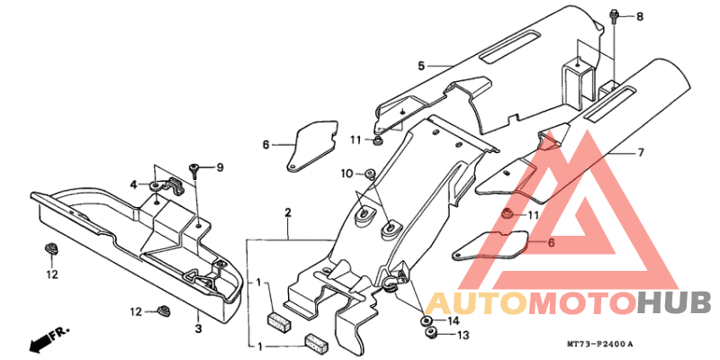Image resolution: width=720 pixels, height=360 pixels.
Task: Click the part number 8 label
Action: pyautogui.click(x=640, y=17)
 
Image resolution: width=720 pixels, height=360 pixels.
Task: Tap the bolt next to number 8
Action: pyautogui.click(x=615, y=15)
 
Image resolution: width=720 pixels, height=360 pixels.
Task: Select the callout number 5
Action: pyautogui.click(x=421, y=66)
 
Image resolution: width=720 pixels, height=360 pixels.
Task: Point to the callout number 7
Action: pyautogui.click(x=641, y=152)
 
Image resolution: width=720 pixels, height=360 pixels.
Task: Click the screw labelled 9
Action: pyautogui.click(x=193, y=171)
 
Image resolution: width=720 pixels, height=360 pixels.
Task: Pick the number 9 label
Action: pyautogui.click(x=220, y=167)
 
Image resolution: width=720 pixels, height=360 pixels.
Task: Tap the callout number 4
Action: pyautogui.click(x=133, y=185)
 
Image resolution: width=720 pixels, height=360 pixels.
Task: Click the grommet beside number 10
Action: pyautogui.click(x=370, y=174)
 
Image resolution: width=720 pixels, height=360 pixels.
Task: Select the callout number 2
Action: pyautogui.click(x=288, y=213)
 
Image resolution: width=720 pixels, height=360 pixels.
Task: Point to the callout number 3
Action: pyautogui.click(x=198, y=328)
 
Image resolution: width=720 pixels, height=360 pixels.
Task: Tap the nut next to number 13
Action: pyautogui.click(x=431, y=333)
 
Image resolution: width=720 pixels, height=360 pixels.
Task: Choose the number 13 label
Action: pyautogui.click(x=463, y=336)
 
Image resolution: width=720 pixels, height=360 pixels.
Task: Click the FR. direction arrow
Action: pyautogui.click(x=49, y=337)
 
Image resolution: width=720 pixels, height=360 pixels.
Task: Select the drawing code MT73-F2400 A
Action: pyautogui.click(x=599, y=344)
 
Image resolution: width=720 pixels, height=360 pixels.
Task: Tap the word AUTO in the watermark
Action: pyautogui.click(x=476, y=302)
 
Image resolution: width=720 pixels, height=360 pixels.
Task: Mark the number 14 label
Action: pyautogui.click(x=453, y=320)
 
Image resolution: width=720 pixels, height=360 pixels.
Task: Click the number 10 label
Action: pyautogui.click(x=347, y=174)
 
